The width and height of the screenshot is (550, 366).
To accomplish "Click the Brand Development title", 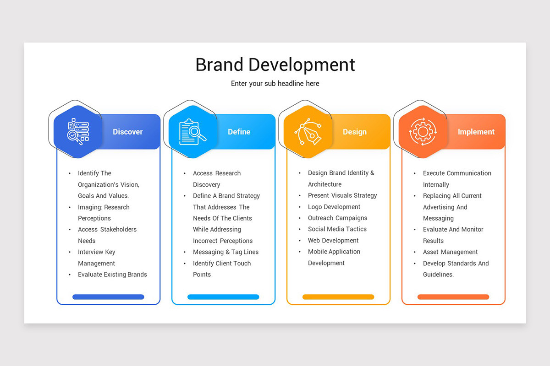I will click(275, 65).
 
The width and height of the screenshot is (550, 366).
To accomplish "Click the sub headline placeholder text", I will click(275, 84).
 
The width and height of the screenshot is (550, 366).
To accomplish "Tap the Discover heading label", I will click(127, 132).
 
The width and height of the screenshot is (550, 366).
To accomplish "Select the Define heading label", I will click(239, 132).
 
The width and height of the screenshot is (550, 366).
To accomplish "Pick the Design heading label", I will click(354, 132).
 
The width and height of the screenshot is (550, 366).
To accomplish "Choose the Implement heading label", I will click(476, 132).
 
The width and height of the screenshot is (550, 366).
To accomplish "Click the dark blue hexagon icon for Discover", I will click(77, 132).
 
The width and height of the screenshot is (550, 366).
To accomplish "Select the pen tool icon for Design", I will click(308, 132).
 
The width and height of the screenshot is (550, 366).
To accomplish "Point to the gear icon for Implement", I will click(423, 132).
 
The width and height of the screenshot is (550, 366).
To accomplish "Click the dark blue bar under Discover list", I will click(108, 297).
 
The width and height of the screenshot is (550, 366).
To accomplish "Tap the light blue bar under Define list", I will click(223, 297).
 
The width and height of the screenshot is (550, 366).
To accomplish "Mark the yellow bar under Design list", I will click(338, 297).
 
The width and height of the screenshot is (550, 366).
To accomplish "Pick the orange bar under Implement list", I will click(453, 297).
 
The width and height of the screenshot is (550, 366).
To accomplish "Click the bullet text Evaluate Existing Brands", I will click(112, 274).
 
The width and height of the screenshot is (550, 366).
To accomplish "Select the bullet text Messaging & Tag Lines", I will click(225, 252).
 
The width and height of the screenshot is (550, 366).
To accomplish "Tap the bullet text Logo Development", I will click(334, 207).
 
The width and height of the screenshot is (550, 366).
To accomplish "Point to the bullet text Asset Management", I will click(450, 252).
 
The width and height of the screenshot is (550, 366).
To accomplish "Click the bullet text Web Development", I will click(333, 241).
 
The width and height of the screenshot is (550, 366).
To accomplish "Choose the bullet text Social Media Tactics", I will click(337, 229).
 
